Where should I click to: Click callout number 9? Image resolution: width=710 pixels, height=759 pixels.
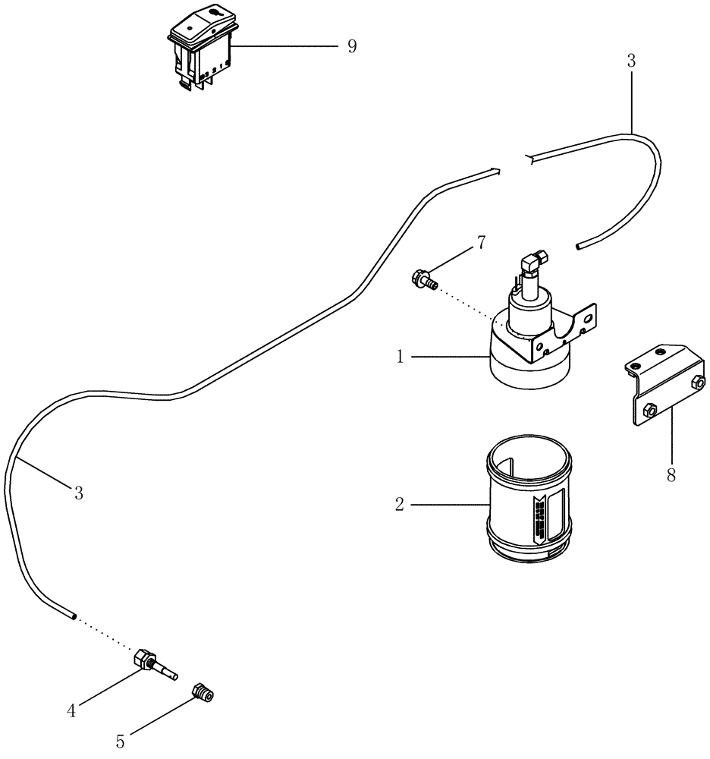click(351, 46)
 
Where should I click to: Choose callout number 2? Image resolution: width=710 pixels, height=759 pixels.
click(400, 504)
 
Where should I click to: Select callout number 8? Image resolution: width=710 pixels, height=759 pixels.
click(671, 477)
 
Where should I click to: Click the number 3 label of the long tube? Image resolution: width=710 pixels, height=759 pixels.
click(78, 493)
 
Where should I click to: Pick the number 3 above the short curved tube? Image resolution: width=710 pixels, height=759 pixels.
click(630, 61)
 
